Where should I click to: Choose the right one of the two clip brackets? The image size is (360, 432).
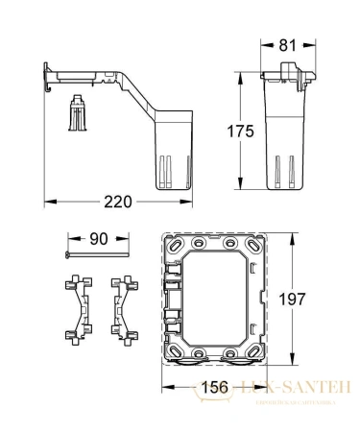[x=122, y=308]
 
